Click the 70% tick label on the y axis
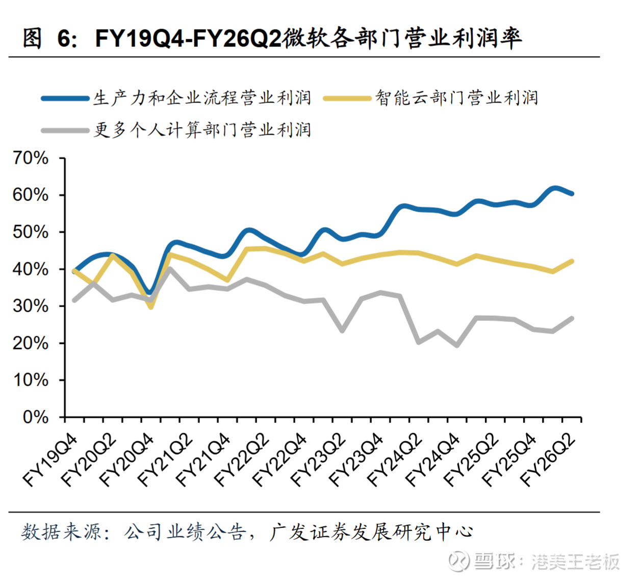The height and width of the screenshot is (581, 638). [x=31, y=158]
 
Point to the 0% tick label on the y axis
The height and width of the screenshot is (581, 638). [x=35, y=417]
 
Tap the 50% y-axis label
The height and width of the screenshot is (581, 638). [x=31, y=232]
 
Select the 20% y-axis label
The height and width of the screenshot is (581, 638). [x=31, y=343]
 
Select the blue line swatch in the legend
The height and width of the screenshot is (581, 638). [x=65, y=98]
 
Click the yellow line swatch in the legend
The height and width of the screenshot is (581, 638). [x=347, y=98]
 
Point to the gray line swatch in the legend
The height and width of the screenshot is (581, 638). [x=65, y=131]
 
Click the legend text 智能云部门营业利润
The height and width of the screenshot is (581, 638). [x=456, y=98]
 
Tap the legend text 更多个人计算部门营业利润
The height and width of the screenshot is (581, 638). [x=202, y=130]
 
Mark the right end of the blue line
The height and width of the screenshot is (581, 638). [x=572, y=193]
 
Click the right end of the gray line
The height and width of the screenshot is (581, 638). [x=572, y=319]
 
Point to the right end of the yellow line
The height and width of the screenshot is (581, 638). [x=572, y=261]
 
